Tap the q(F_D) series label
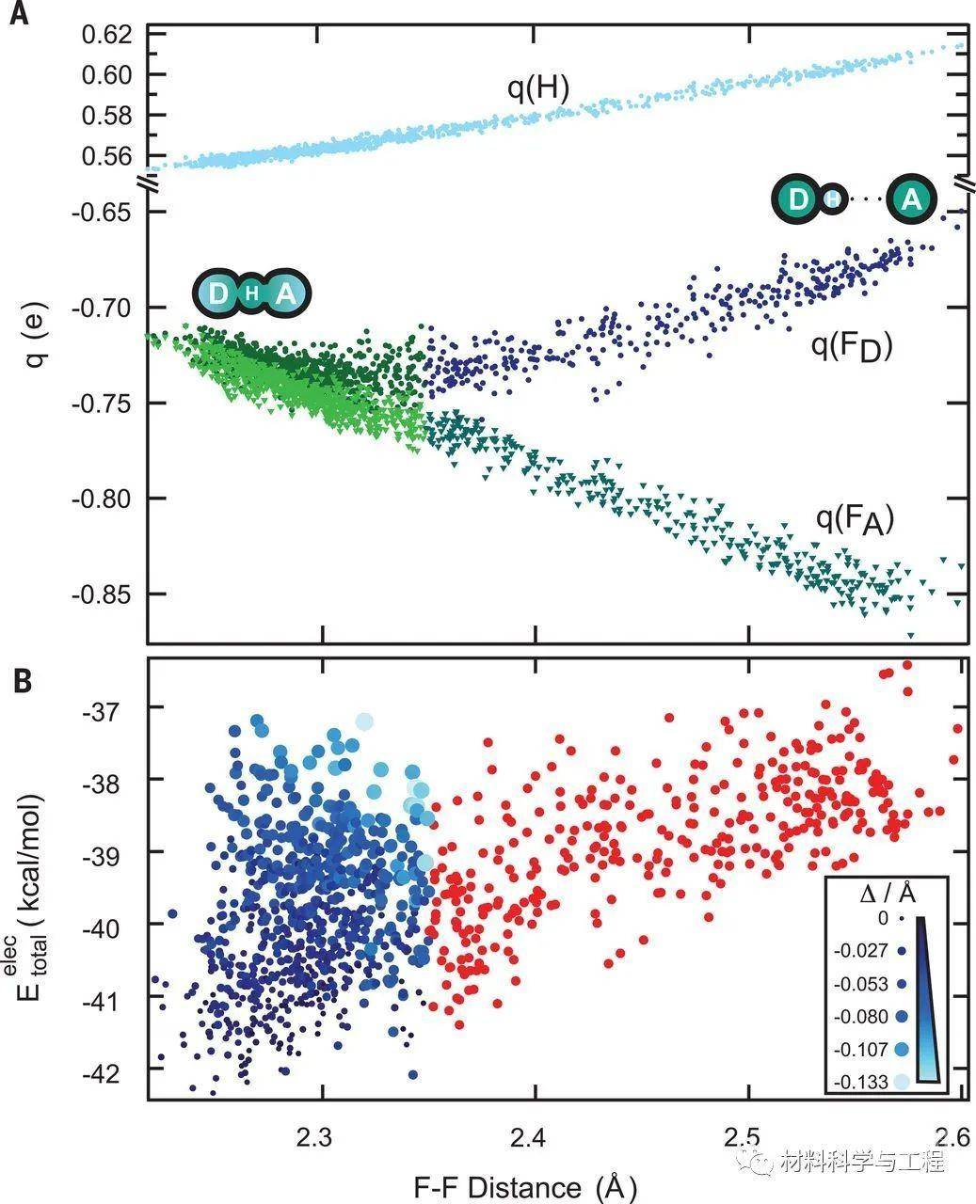click(850, 347)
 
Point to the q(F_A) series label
click(854, 519)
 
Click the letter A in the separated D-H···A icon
click(910, 199)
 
